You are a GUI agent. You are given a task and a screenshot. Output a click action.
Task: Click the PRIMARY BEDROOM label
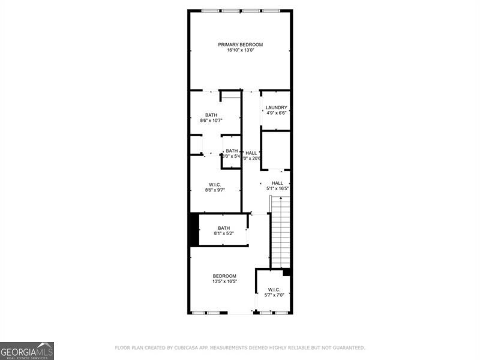point(240,44)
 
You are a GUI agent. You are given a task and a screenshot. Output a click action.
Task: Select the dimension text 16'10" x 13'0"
point(240,50)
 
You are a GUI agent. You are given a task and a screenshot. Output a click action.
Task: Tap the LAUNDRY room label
point(277,107)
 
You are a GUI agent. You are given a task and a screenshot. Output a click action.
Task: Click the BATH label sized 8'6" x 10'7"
point(211,115)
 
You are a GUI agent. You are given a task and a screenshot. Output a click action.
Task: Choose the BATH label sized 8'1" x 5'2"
point(224,227)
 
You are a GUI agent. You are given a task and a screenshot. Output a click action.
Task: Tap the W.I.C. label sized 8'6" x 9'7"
point(215,184)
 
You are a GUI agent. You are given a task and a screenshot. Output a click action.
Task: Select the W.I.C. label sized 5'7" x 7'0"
point(274,289)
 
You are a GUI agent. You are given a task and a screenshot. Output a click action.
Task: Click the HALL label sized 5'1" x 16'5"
point(277,183)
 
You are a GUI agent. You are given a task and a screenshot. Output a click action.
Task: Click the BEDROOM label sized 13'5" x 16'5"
point(224,275)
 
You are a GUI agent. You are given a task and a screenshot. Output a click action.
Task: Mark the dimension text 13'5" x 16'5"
point(224,281)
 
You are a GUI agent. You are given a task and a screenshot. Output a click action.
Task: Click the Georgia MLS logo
point(27,350)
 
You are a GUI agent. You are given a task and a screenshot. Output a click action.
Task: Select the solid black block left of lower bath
point(194,230)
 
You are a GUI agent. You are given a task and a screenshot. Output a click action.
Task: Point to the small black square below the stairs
point(287,272)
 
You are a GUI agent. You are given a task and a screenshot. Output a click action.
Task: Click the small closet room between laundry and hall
point(276,150)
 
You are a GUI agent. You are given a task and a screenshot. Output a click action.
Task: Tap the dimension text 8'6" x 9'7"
point(215,190)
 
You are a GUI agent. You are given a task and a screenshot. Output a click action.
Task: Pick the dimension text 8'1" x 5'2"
point(224,233)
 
